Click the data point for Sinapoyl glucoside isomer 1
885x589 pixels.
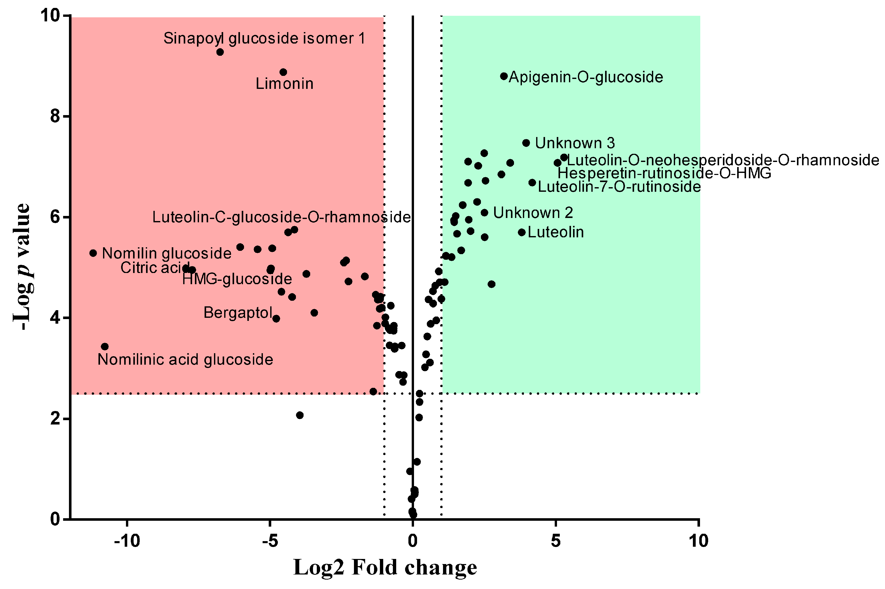[x=220, y=52]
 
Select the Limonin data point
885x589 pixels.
[x=283, y=72]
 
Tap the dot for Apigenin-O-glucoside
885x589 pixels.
[x=504, y=76]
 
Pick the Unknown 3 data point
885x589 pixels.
[x=526, y=143]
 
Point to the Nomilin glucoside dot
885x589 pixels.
[x=93, y=253]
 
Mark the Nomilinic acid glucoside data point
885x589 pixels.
[x=105, y=346]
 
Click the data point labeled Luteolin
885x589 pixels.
[x=522, y=232]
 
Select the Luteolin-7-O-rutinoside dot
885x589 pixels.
[x=532, y=183]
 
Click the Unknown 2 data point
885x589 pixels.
[x=484, y=213]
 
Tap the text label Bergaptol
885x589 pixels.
[x=238, y=312]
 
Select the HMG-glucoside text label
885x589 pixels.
[x=237, y=279]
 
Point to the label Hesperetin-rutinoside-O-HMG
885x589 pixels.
[x=664, y=173]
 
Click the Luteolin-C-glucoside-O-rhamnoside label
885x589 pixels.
[x=281, y=217]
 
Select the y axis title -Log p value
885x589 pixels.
[x=22, y=267]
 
